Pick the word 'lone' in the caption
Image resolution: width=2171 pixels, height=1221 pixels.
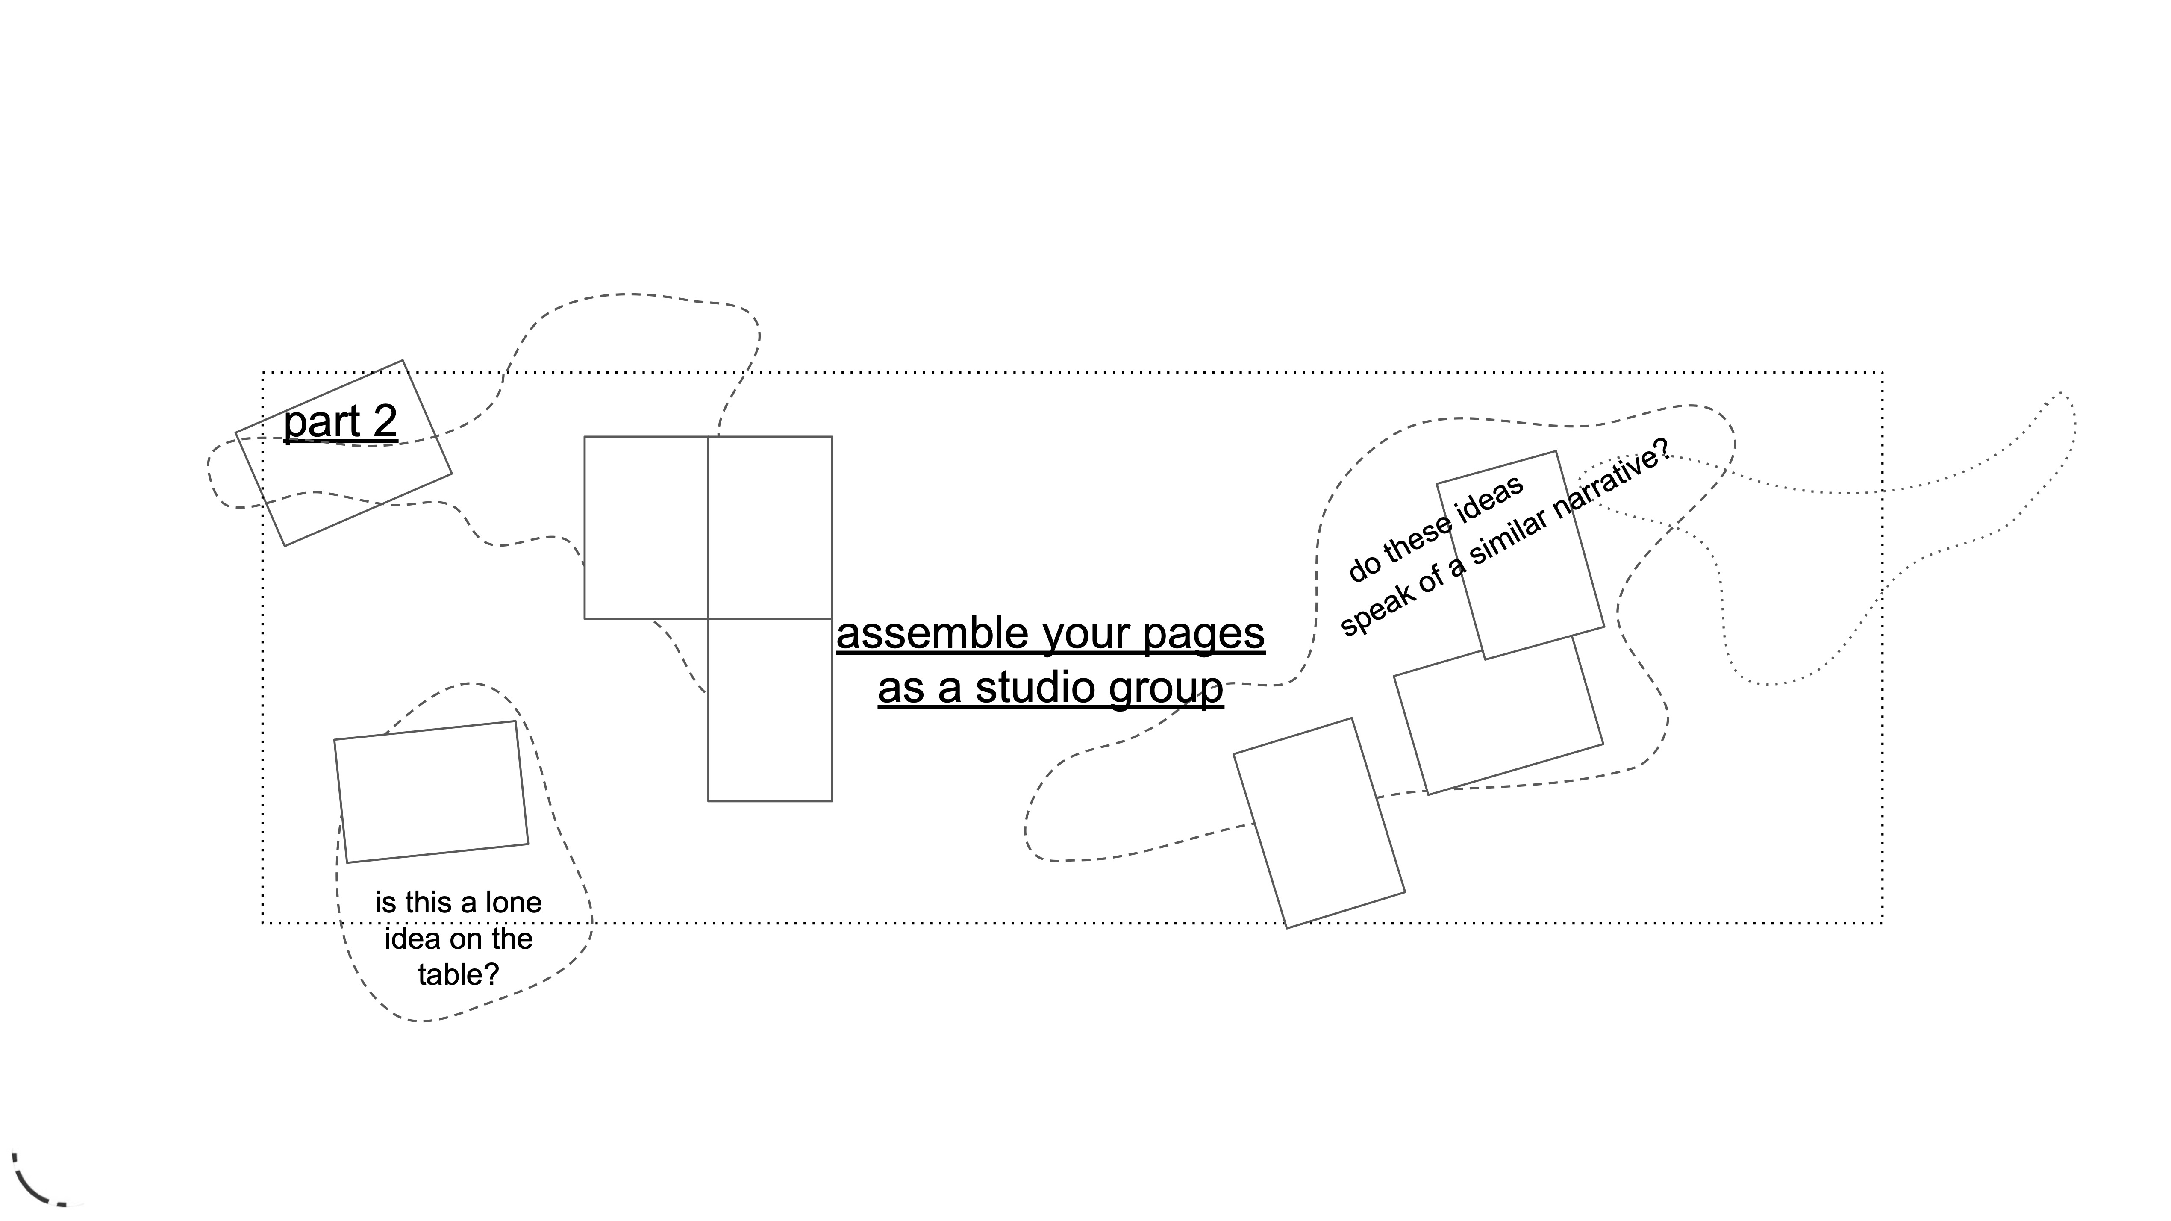tap(513, 903)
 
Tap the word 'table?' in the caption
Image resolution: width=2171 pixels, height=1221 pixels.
tap(459, 975)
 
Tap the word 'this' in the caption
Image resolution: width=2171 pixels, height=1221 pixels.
tap(428, 903)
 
